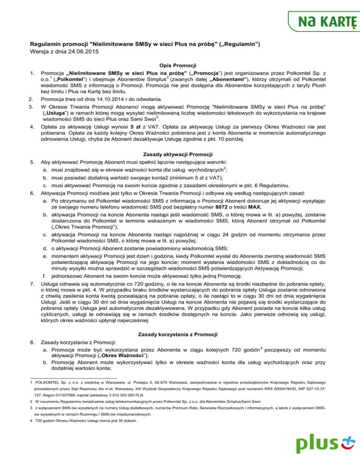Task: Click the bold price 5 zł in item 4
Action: (x=136, y=127)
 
